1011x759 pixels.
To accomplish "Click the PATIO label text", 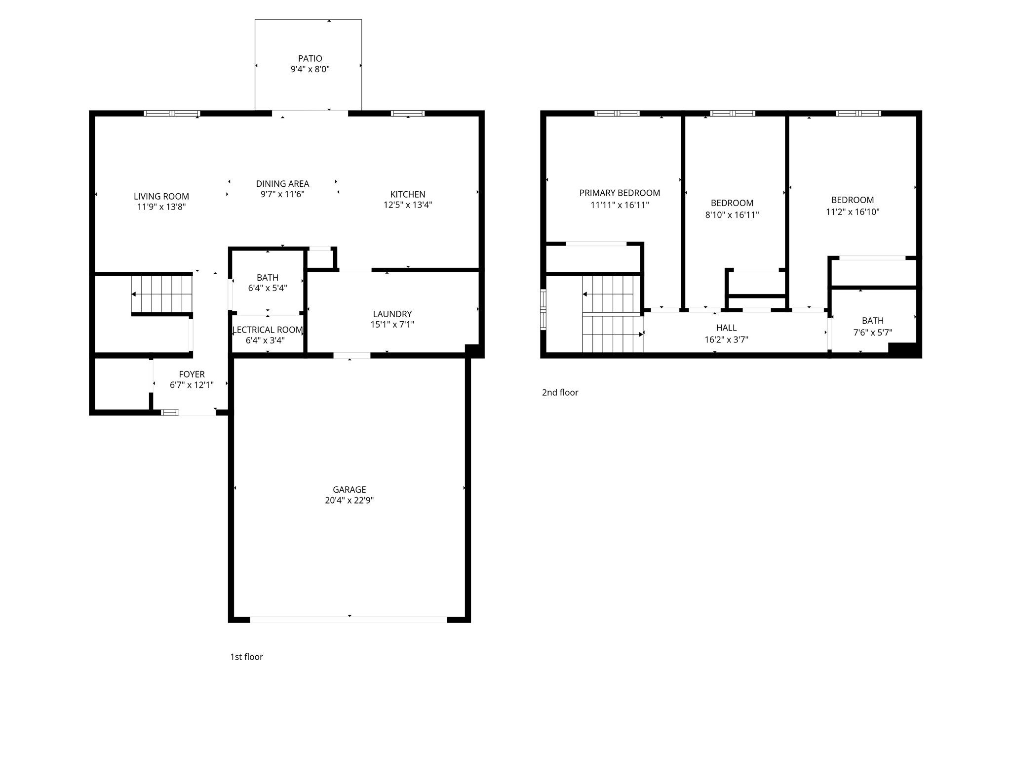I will (x=310, y=58).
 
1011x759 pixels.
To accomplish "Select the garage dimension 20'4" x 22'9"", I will (x=349, y=500).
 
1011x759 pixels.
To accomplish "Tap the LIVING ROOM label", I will (x=161, y=196).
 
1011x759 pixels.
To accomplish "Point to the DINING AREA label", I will (x=282, y=183).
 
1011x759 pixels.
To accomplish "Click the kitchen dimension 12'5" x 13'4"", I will (x=408, y=205).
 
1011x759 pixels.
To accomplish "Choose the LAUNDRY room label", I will (x=392, y=314).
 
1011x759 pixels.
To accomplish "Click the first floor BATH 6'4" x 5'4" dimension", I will (x=268, y=288).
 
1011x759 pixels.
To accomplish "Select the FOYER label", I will (x=192, y=374).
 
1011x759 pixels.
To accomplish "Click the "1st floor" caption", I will (x=246, y=656).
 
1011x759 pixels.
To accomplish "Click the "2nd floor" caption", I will (x=560, y=392).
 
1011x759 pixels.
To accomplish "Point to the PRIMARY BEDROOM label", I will (x=620, y=193).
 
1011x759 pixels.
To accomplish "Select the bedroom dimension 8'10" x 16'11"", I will (x=732, y=214).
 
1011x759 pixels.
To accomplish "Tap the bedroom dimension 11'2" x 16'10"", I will (x=853, y=211).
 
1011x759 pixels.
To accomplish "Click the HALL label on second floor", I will (x=726, y=328).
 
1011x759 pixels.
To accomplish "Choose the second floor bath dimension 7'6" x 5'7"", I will (x=872, y=333).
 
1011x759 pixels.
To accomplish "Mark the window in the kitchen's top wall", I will (x=408, y=113).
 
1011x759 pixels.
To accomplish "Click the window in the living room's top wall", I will (x=172, y=113).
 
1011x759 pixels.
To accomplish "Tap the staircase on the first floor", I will (x=161, y=295).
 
